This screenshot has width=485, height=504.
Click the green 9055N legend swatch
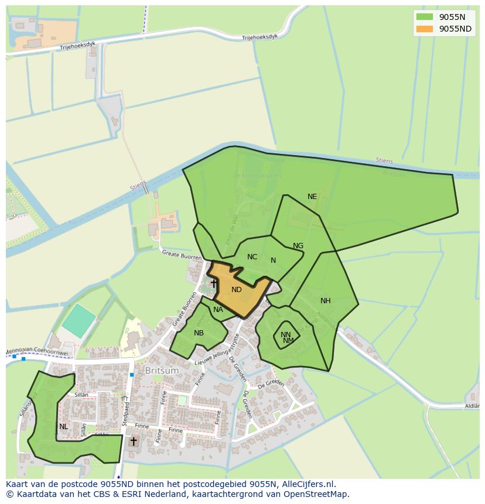[x=425, y=17]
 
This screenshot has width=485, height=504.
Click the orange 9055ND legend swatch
[x=425, y=29]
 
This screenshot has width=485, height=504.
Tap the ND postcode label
[x=237, y=290]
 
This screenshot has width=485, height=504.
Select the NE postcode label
[x=312, y=197]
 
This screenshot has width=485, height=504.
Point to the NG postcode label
[x=298, y=246]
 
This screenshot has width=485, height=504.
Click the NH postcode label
[x=326, y=301]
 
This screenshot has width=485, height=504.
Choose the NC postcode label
[x=252, y=257]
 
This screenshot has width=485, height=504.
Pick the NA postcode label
[x=218, y=310]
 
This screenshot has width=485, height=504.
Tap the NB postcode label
[x=199, y=333]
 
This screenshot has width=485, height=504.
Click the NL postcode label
[x=63, y=427]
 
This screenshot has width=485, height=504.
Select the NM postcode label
[x=288, y=341]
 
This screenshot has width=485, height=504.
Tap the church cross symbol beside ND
[x=214, y=284]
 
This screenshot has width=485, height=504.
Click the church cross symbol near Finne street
[x=134, y=441]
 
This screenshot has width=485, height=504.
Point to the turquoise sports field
[x=78, y=320]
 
